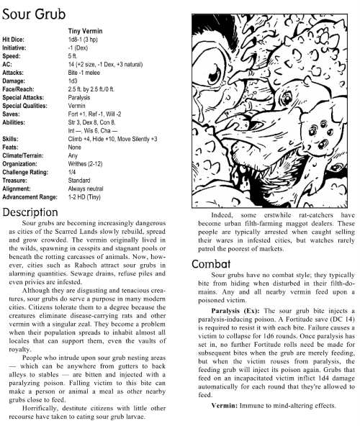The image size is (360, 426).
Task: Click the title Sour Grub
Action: pyautogui.click(x=34, y=12)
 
